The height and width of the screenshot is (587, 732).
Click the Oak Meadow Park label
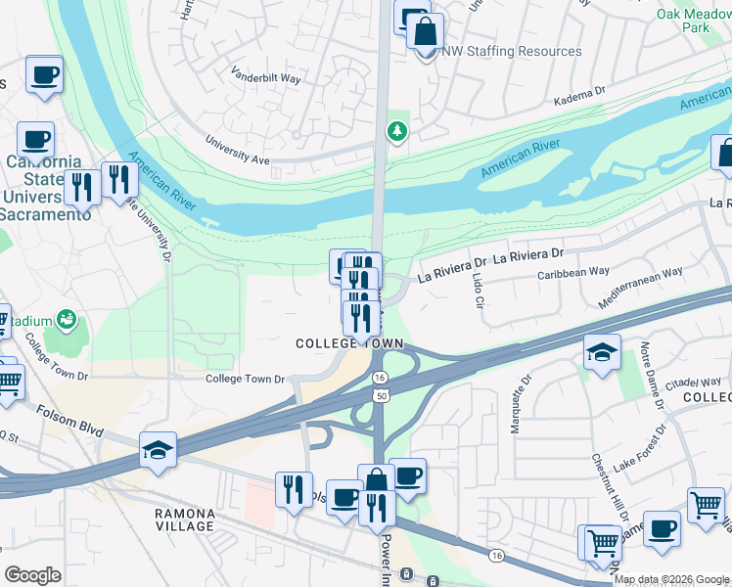click(x=696, y=22)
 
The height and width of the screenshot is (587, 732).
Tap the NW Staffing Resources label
click(x=511, y=51)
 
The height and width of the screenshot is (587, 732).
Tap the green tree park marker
click(x=396, y=130)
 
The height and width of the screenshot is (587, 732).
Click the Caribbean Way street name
click(x=573, y=271)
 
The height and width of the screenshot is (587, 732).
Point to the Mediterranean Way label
click(x=640, y=289)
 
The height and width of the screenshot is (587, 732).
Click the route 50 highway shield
click(x=379, y=393)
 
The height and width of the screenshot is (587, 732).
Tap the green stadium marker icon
click(x=67, y=319)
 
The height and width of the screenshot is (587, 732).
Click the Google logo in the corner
click(x=33, y=574)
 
